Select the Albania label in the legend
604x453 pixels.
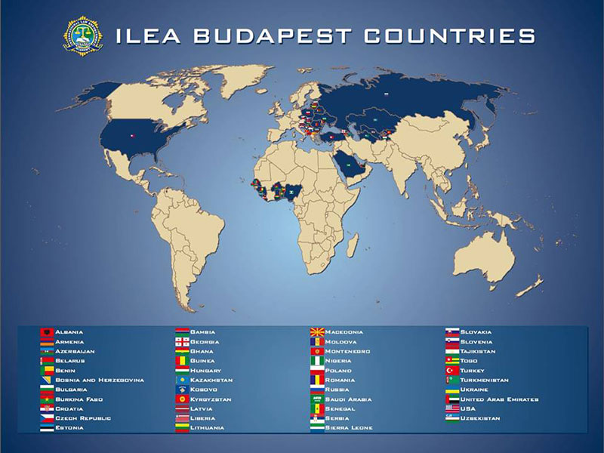(69, 332)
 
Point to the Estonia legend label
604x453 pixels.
(69, 427)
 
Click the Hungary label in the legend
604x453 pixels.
(206, 371)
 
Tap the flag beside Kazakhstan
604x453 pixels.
(181, 380)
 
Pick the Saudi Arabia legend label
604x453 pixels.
(350, 399)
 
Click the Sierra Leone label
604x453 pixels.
(350, 427)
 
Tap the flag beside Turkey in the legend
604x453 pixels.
(451, 371)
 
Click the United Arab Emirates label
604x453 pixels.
(499, 399)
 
